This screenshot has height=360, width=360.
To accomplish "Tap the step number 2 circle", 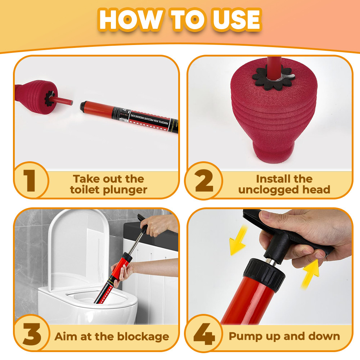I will coord(204,181).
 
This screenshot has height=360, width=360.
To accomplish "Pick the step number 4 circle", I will coord(204,334).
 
